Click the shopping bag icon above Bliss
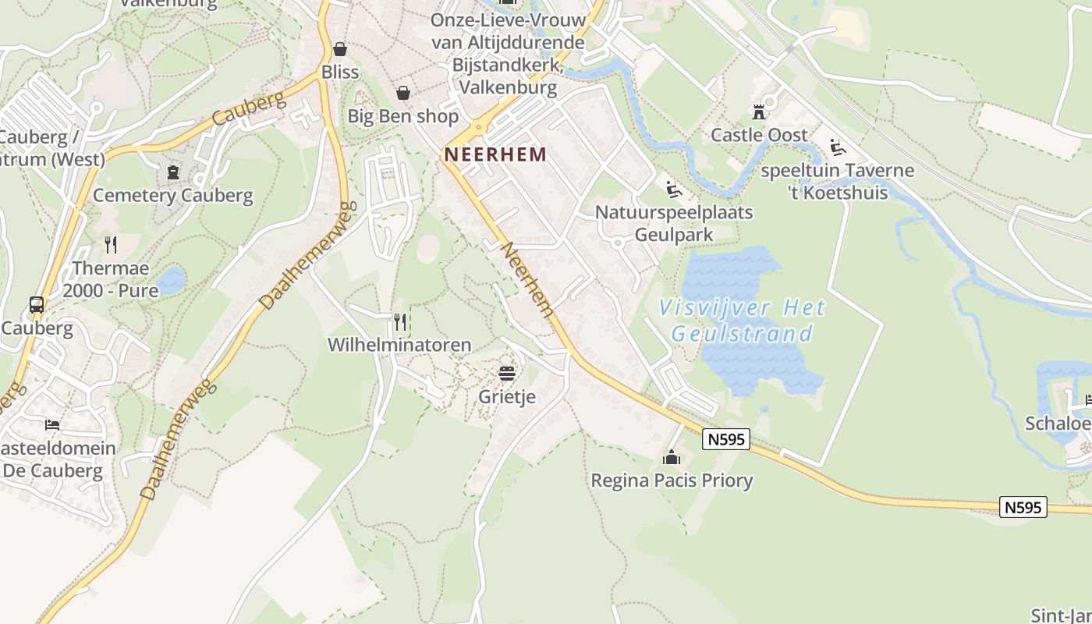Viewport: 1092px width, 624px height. [340, 50]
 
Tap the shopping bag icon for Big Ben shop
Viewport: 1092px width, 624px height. [403, 94]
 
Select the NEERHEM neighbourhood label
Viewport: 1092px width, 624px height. [495, 154]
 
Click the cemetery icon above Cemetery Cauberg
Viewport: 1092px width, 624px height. [173, 172]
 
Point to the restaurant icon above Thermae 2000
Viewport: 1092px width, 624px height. [111, 245]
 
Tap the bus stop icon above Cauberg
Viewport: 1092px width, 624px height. [37, 305]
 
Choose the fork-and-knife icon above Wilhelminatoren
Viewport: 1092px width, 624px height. [400, 321]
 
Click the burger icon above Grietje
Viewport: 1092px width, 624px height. [507, 374]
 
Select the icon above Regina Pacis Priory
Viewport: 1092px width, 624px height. [672, 457]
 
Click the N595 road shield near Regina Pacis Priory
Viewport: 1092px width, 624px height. [726, 440]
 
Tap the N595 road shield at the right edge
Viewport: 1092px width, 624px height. [1023, 507]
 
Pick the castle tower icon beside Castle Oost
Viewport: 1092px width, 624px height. [759, 112]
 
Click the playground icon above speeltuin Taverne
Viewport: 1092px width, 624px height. [838, 147]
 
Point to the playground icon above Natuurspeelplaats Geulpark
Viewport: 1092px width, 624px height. [673, 189]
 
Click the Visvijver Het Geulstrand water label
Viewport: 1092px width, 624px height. [742, 321]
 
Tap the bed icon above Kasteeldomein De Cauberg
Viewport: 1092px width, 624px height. [52, 425]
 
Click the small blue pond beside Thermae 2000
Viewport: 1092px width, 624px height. [171, 279]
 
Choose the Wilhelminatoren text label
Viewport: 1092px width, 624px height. [399, 345]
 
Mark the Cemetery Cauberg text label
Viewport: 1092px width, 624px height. [173, 195]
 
